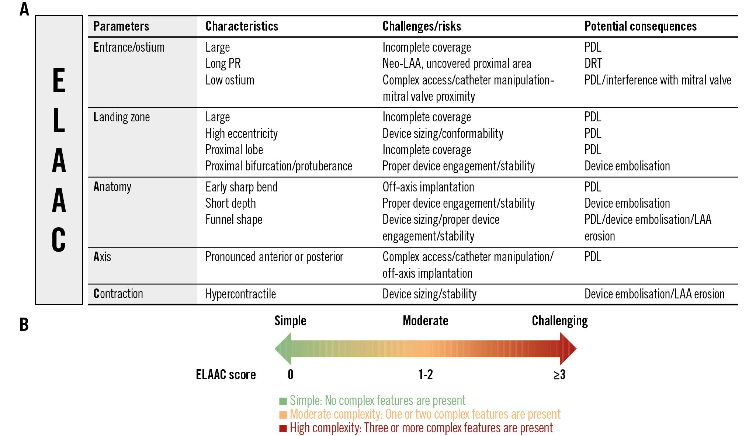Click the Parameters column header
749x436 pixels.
[121, 26]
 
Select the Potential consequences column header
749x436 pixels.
[640, 26]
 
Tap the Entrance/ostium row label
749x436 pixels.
[129, 47]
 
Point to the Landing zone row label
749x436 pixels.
[121, 117]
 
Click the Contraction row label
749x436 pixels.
[118, 294]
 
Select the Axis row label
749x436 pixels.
[102, 256]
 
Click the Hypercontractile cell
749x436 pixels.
[240, 294]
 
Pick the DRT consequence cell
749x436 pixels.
[593, 63]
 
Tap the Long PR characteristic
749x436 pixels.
[223, 63]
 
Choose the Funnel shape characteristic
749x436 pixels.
[233, 219]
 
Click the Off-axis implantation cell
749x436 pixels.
[428, 187]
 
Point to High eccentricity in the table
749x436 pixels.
[241, 134]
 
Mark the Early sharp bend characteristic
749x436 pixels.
[241, 187]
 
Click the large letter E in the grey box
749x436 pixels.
[59, 81]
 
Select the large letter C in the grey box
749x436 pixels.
[59, 240]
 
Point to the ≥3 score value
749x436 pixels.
[559, 375]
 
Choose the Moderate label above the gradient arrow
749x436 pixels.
[425, 321]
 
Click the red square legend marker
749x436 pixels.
[283, 428]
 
